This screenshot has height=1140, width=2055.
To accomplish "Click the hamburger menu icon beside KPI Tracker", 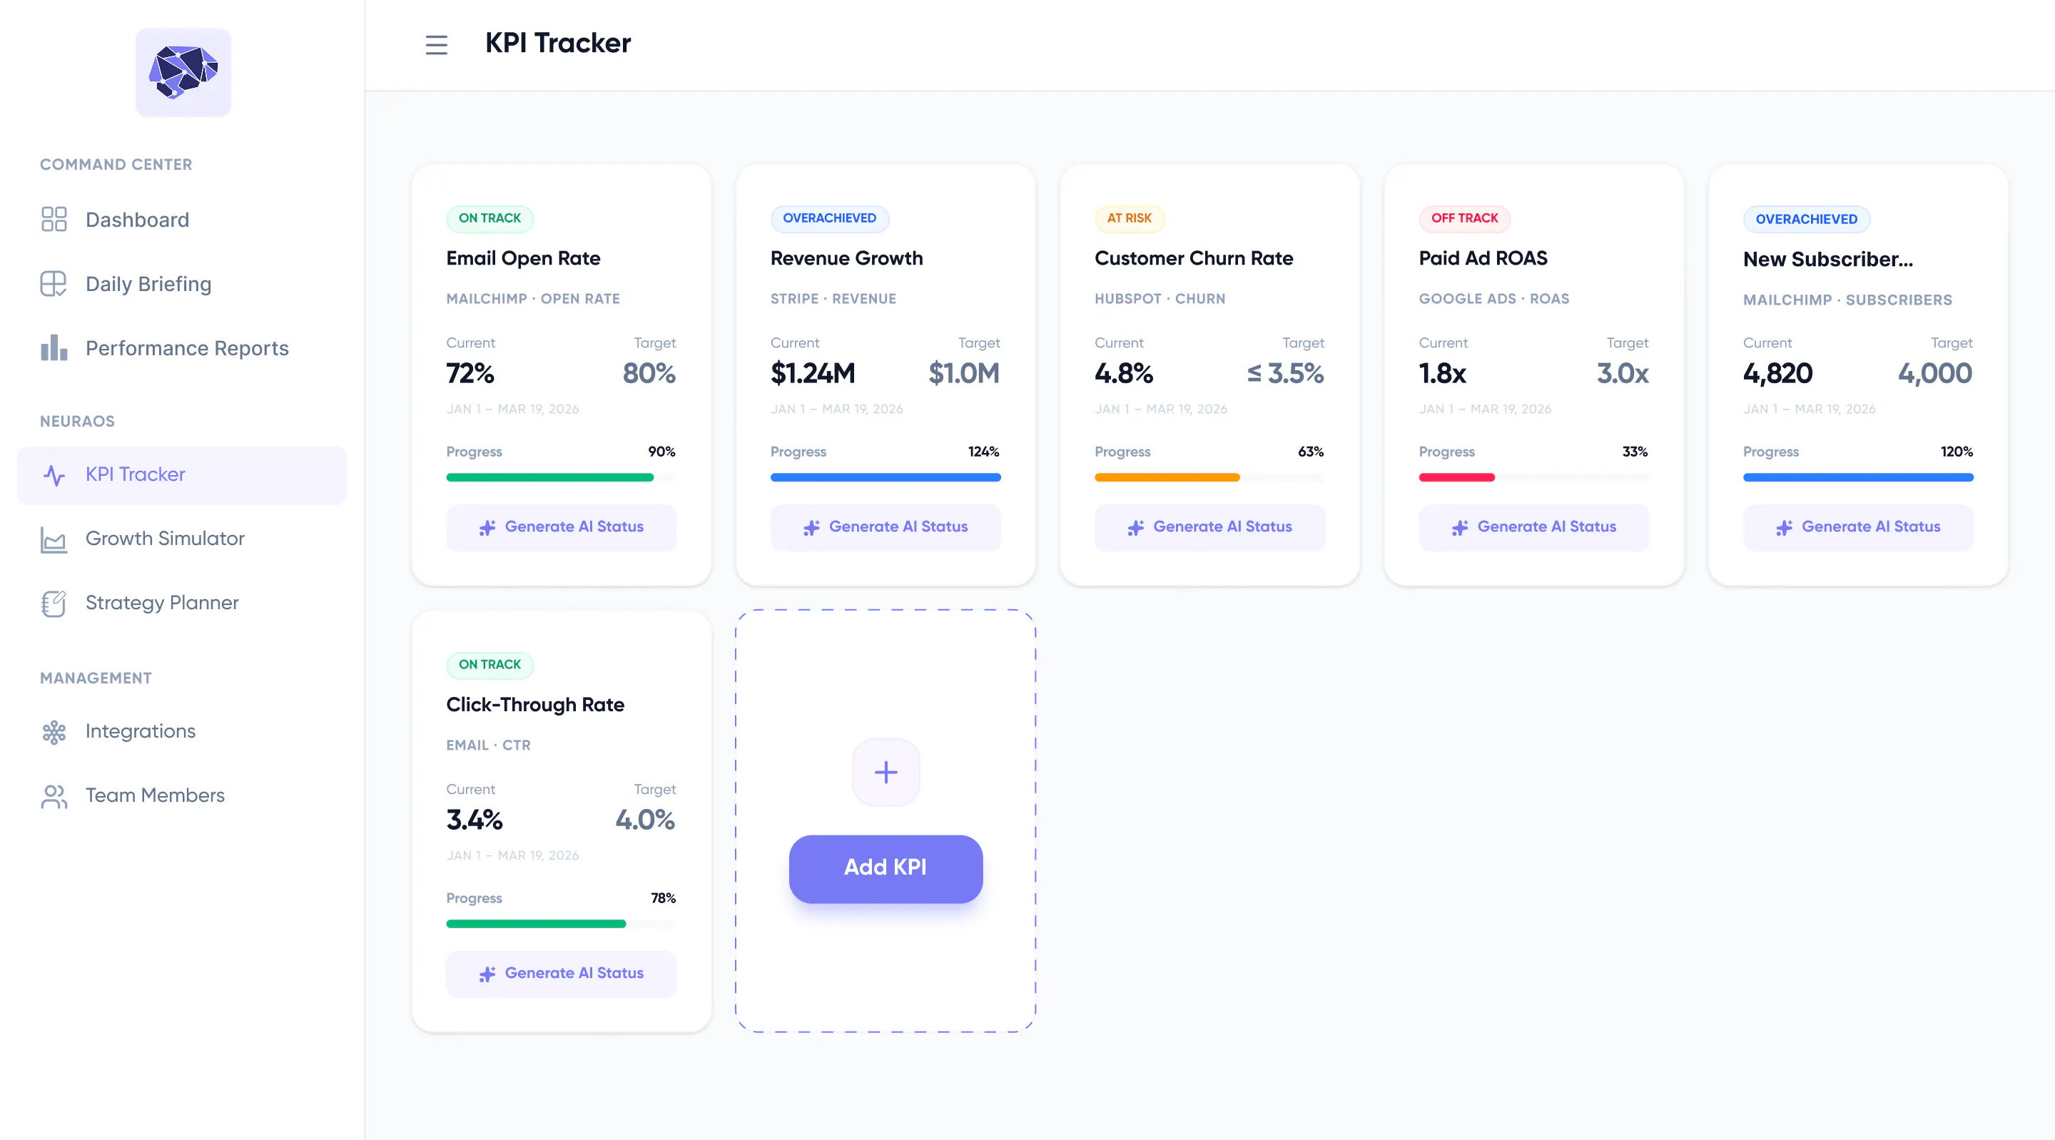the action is [437, 45].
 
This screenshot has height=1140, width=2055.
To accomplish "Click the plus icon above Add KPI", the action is [886, 772].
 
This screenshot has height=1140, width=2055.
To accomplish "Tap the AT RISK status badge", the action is [1129, 218].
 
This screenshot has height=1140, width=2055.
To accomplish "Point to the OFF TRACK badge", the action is [1465, 218].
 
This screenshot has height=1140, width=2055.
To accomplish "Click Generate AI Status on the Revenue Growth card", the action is [886, 527].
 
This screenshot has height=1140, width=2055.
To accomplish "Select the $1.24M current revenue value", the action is [812, 373].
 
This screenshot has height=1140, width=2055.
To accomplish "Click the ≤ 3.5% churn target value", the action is [1285, 373].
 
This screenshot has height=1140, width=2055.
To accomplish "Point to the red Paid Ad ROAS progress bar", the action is [1456, 478].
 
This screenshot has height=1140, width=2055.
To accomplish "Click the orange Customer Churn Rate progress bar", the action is [1167, 478].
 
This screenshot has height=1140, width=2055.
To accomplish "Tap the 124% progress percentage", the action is [984, 452].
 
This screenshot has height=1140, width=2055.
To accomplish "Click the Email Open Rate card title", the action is [523, 258].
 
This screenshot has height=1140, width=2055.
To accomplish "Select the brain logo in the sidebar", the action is [183, 73].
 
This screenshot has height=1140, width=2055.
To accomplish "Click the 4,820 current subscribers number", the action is [1777, 373].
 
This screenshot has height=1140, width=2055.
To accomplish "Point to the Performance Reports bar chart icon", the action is [54, 348].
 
